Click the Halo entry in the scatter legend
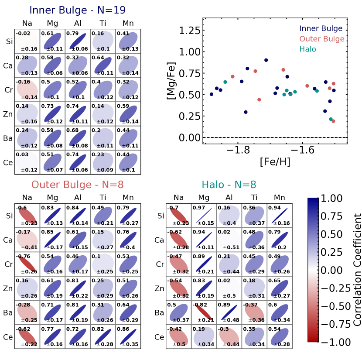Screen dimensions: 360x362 (307, 49)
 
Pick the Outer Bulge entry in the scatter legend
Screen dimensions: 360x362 (321, 39)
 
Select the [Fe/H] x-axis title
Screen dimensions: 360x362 (275, 162)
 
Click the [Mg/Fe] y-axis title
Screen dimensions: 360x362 (172, 84)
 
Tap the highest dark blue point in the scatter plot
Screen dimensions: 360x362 (266, 60)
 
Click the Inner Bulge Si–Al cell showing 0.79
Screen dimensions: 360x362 (78, 41)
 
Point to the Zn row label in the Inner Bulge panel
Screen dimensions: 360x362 (7, 114)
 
